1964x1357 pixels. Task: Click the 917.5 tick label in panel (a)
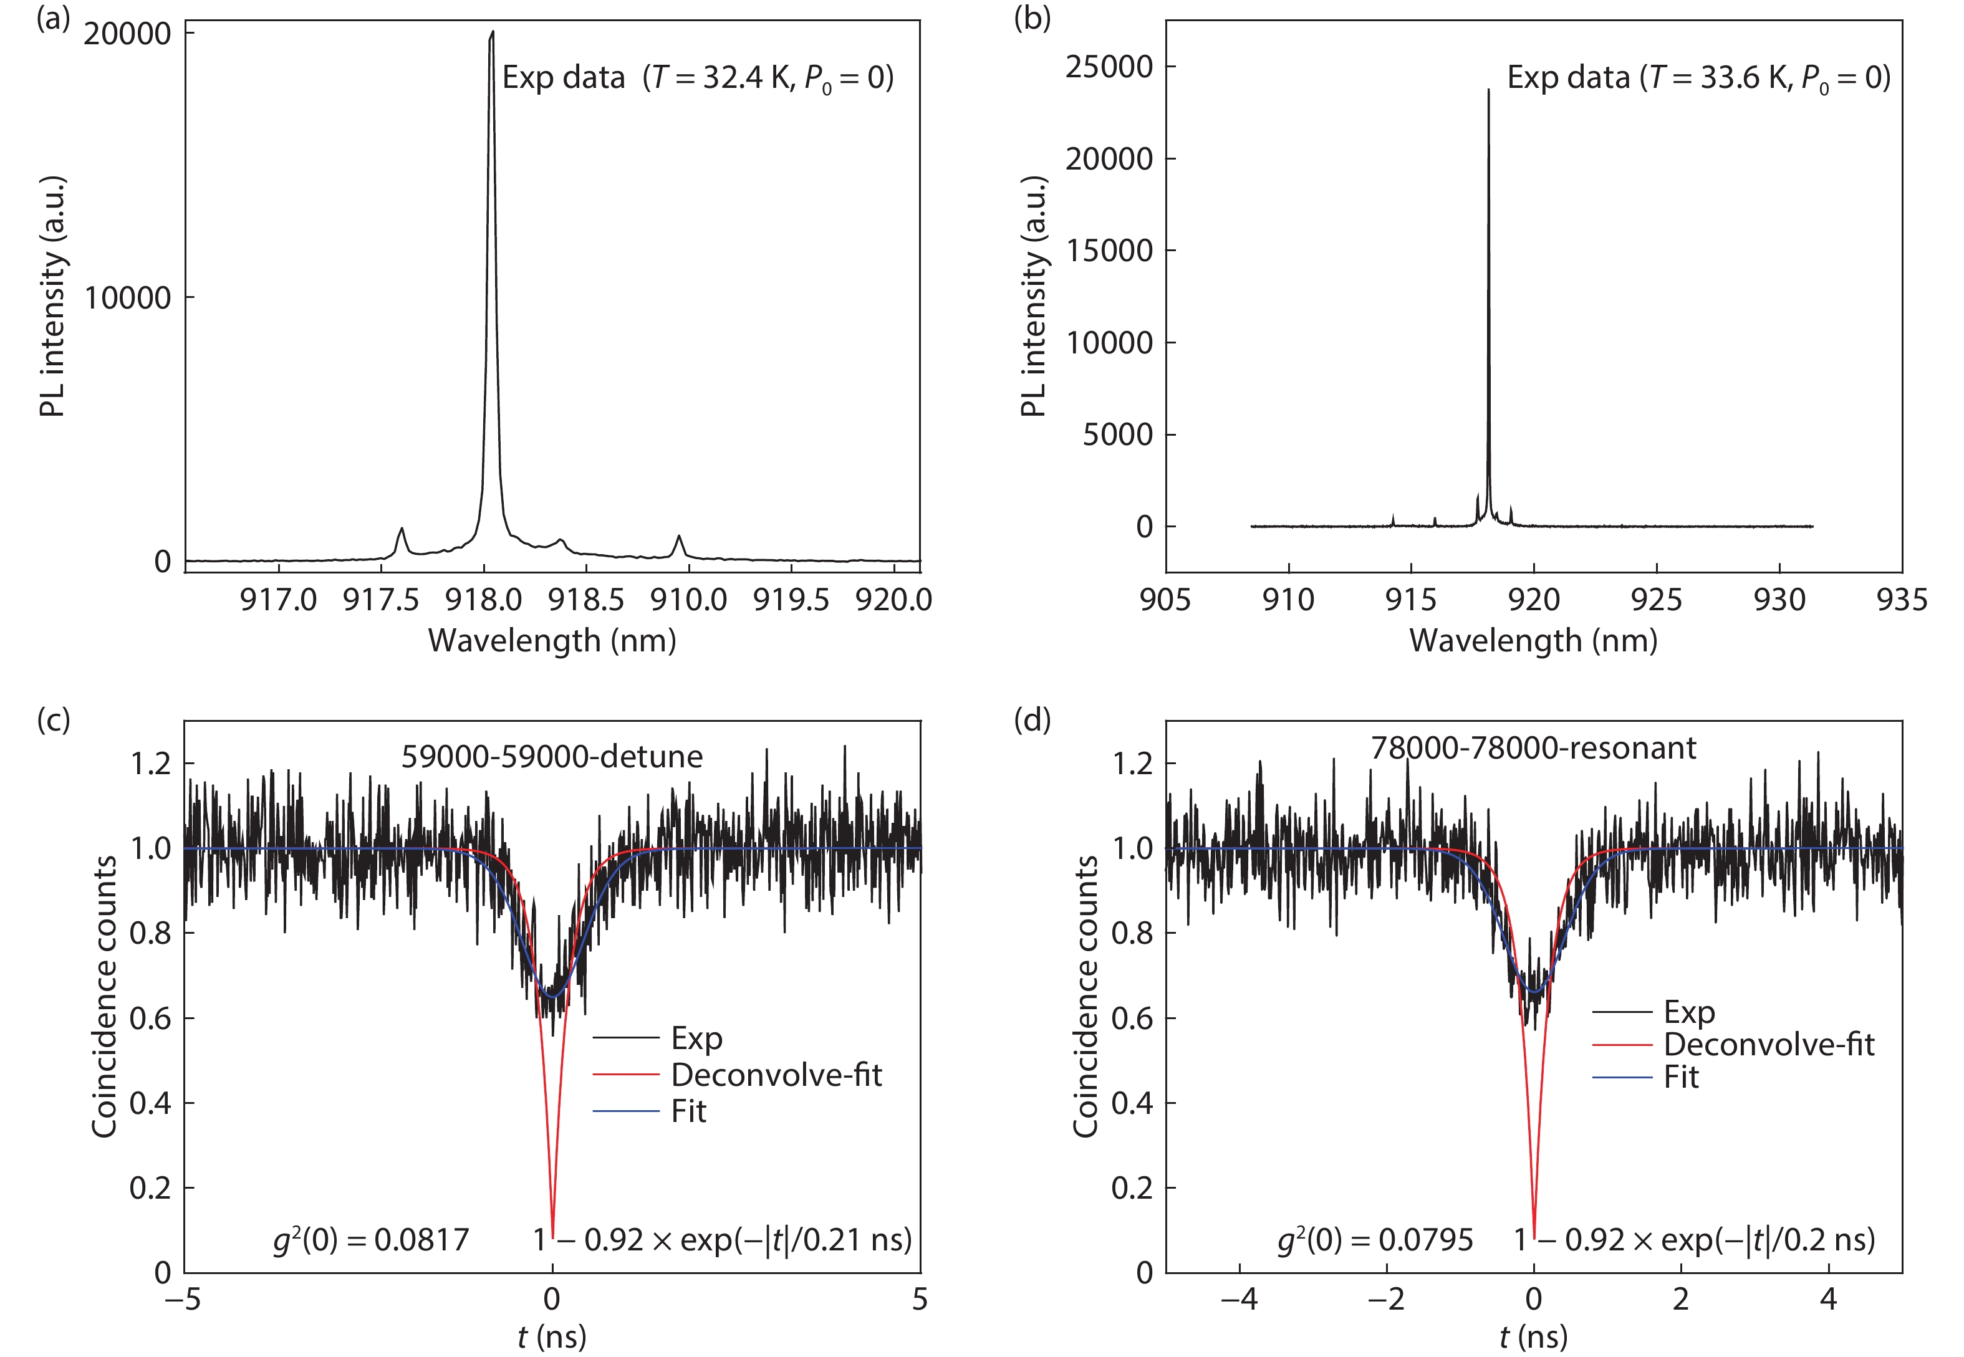point(380,600)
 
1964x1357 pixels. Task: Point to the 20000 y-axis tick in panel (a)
point(128,35)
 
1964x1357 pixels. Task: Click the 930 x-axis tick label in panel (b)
point(1779,600)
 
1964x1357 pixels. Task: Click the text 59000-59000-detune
point(552,757)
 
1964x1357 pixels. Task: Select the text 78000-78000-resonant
point(1533,748)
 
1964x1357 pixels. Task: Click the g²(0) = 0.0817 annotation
point(371,1240)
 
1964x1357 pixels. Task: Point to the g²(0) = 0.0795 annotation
point(1375,1240)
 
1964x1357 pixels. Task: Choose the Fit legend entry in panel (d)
point(1680,1077)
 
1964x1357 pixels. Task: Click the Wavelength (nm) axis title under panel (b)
point(1533,640)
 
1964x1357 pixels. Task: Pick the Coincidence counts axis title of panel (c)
point(105,997)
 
